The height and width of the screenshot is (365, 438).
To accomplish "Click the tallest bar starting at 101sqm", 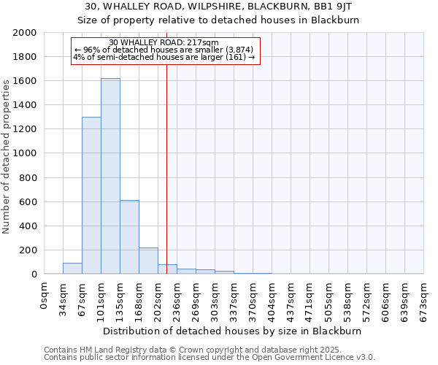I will click(x=110, y=176).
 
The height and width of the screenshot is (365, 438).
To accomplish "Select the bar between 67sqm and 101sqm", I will click(x=91, y=196).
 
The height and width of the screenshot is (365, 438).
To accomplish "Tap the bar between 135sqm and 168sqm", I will click(x=129, y=237).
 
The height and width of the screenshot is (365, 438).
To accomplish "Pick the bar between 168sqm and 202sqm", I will click(x=148, y=261).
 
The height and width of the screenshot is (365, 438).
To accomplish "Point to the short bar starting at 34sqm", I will click(x=72, y=268).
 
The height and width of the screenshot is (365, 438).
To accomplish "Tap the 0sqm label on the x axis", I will click(x=45, y=296).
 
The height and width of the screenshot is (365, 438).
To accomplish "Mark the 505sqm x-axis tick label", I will click(x=329, y=299).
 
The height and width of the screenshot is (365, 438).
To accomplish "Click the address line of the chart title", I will click(x=218, y=7).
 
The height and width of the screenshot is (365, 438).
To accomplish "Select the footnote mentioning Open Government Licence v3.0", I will click(x=210, y=358).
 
